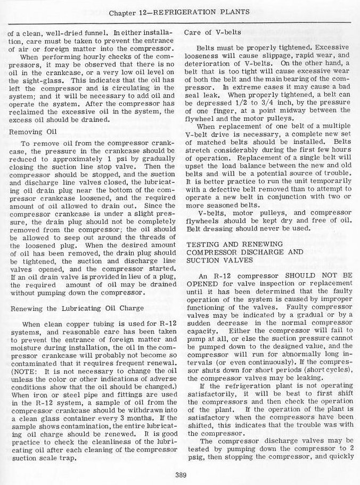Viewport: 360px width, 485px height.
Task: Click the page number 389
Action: (180, 476)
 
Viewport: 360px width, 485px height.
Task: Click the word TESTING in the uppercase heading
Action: (202, 243)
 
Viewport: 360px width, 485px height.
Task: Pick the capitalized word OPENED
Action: (202, 284)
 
